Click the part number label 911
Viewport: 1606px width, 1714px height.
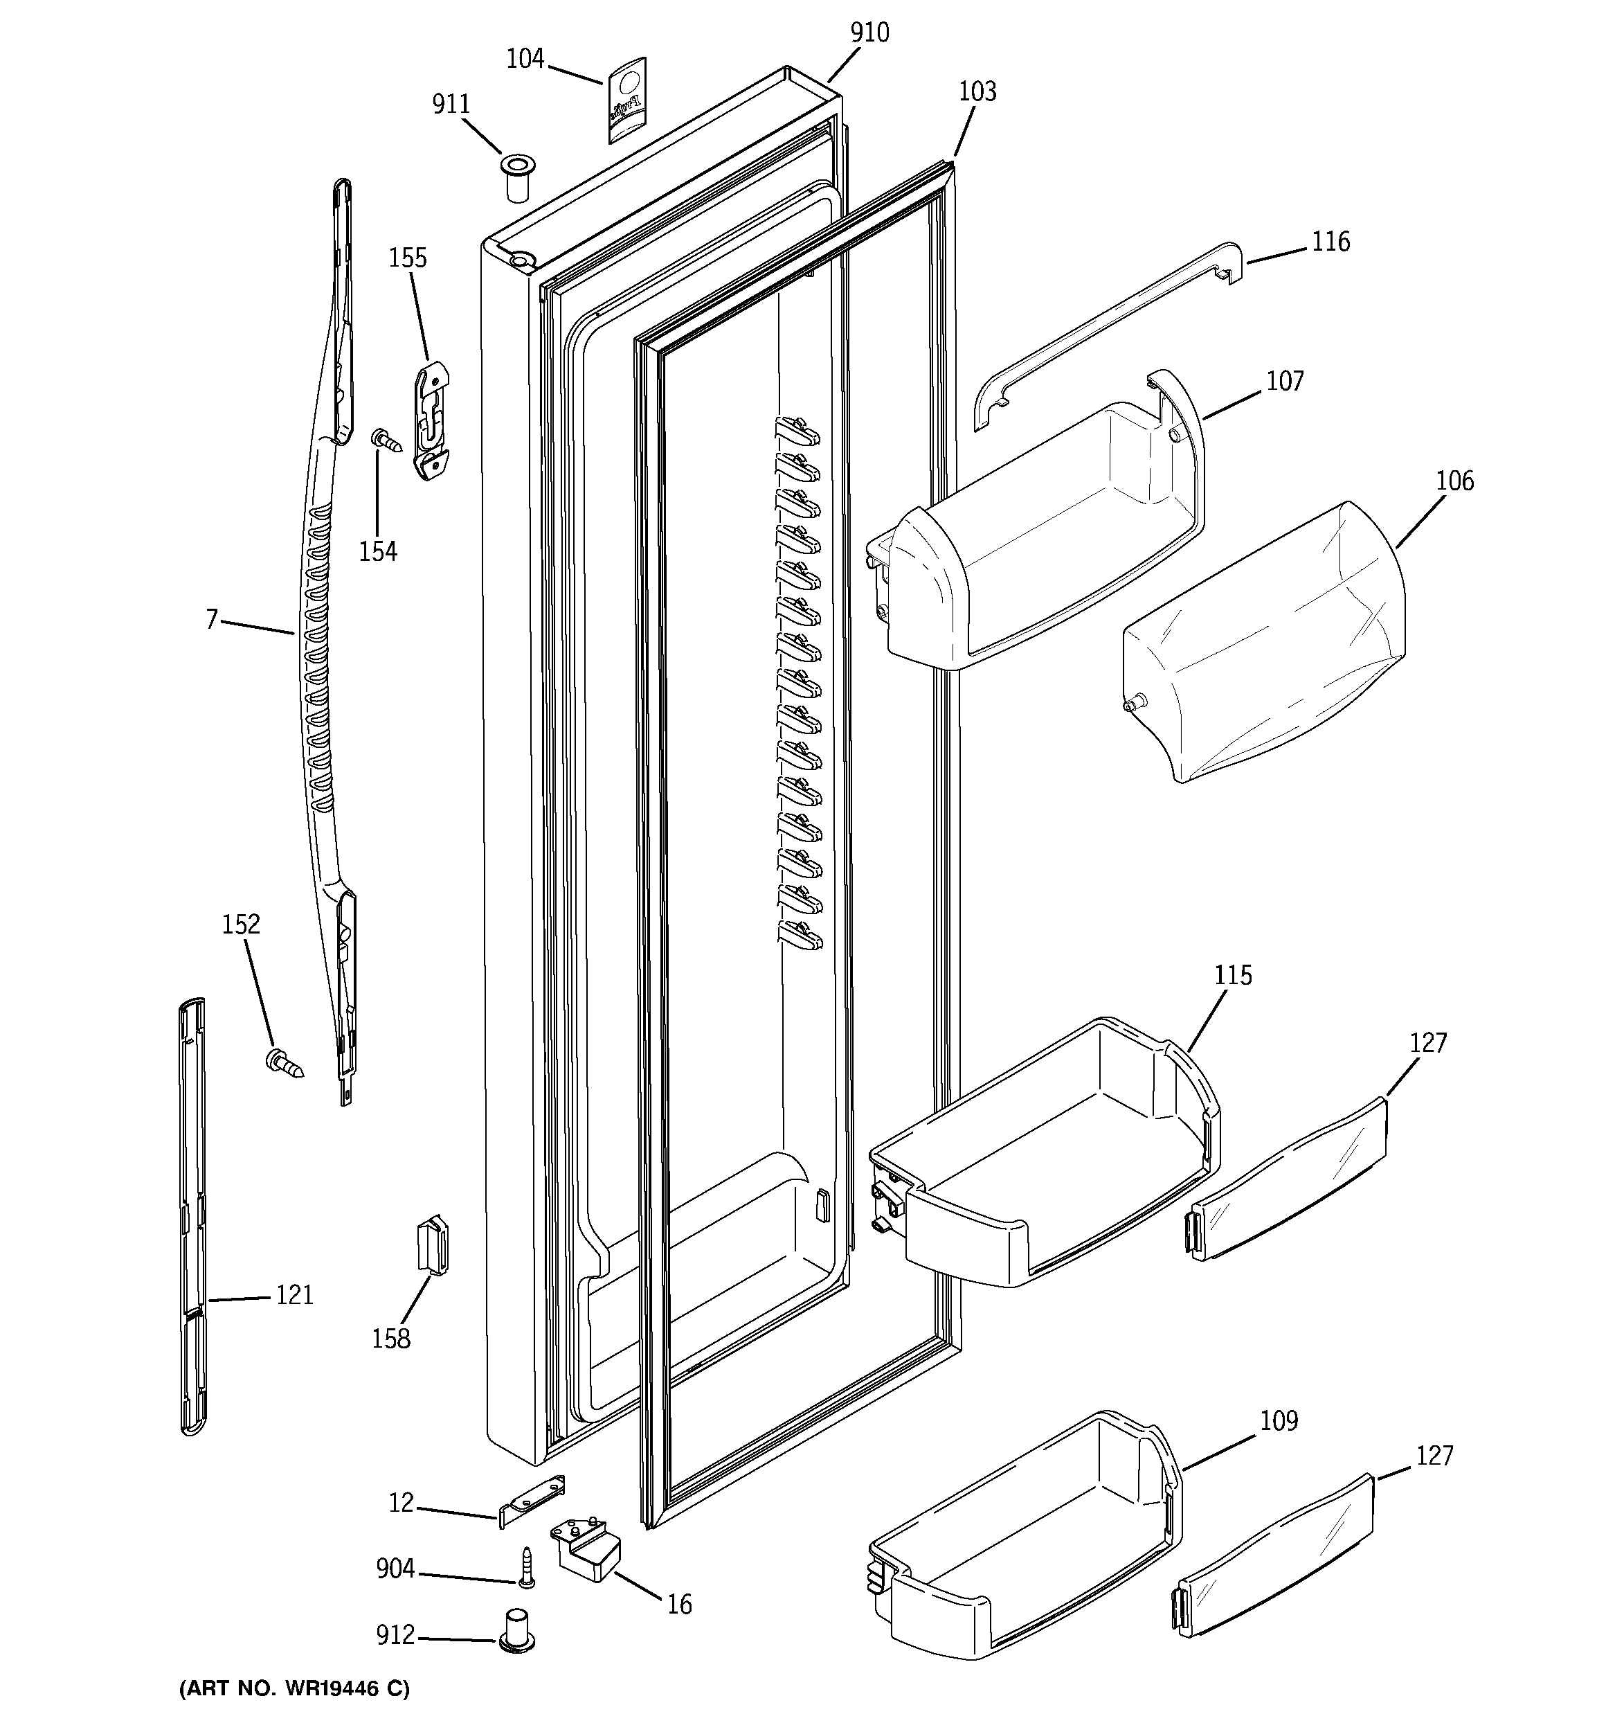click(x=451, y=105)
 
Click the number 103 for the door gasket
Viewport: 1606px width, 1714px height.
click(x=977, y=91)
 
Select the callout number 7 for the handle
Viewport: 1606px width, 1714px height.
click(x=211, y=619)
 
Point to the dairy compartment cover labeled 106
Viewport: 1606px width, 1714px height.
click(x=1263, y=643)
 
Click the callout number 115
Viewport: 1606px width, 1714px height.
click(x=1233, y=975)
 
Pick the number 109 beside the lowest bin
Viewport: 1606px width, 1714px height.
click(x=1279, y=1420)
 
